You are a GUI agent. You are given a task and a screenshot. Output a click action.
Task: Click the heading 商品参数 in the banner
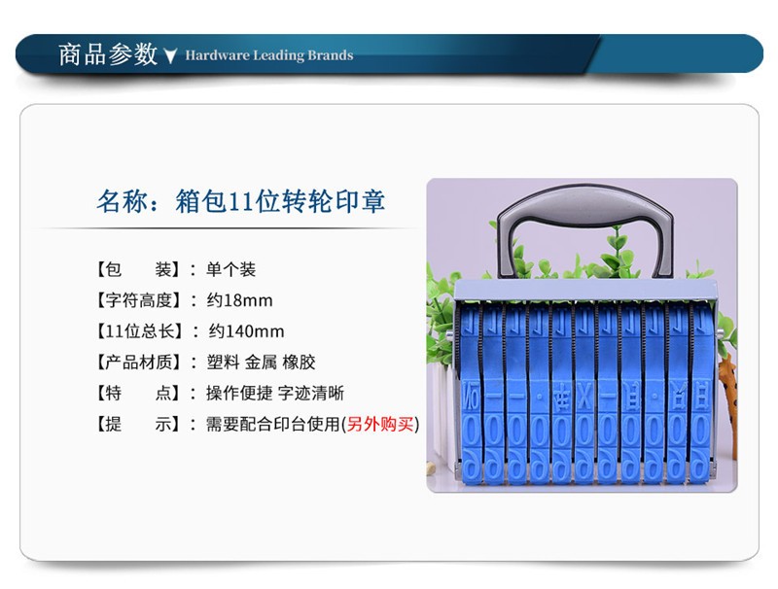point(108,54)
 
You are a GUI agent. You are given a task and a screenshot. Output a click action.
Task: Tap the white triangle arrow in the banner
point(170,56)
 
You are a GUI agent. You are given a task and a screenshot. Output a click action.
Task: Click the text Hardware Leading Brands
point(269,55)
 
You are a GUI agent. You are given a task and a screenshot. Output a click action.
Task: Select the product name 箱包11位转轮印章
point(280,201)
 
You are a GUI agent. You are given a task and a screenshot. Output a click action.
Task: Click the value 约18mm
point(239,300)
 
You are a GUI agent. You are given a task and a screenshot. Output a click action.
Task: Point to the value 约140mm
point(246,331)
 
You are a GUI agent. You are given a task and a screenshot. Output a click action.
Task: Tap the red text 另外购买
point(379,424)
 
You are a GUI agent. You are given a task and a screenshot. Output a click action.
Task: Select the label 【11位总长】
point(138,331)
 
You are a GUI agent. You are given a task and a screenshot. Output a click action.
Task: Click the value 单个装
point(230,269)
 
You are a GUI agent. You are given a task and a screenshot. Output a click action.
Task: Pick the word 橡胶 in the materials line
point(299,363)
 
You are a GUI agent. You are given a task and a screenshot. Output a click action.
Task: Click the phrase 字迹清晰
point(310,394)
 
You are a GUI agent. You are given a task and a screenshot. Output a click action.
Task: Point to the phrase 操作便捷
point(239,394)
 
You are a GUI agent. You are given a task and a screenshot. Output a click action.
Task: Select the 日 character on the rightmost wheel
point(700,398)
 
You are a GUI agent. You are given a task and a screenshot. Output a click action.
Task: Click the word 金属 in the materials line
point(261,363)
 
